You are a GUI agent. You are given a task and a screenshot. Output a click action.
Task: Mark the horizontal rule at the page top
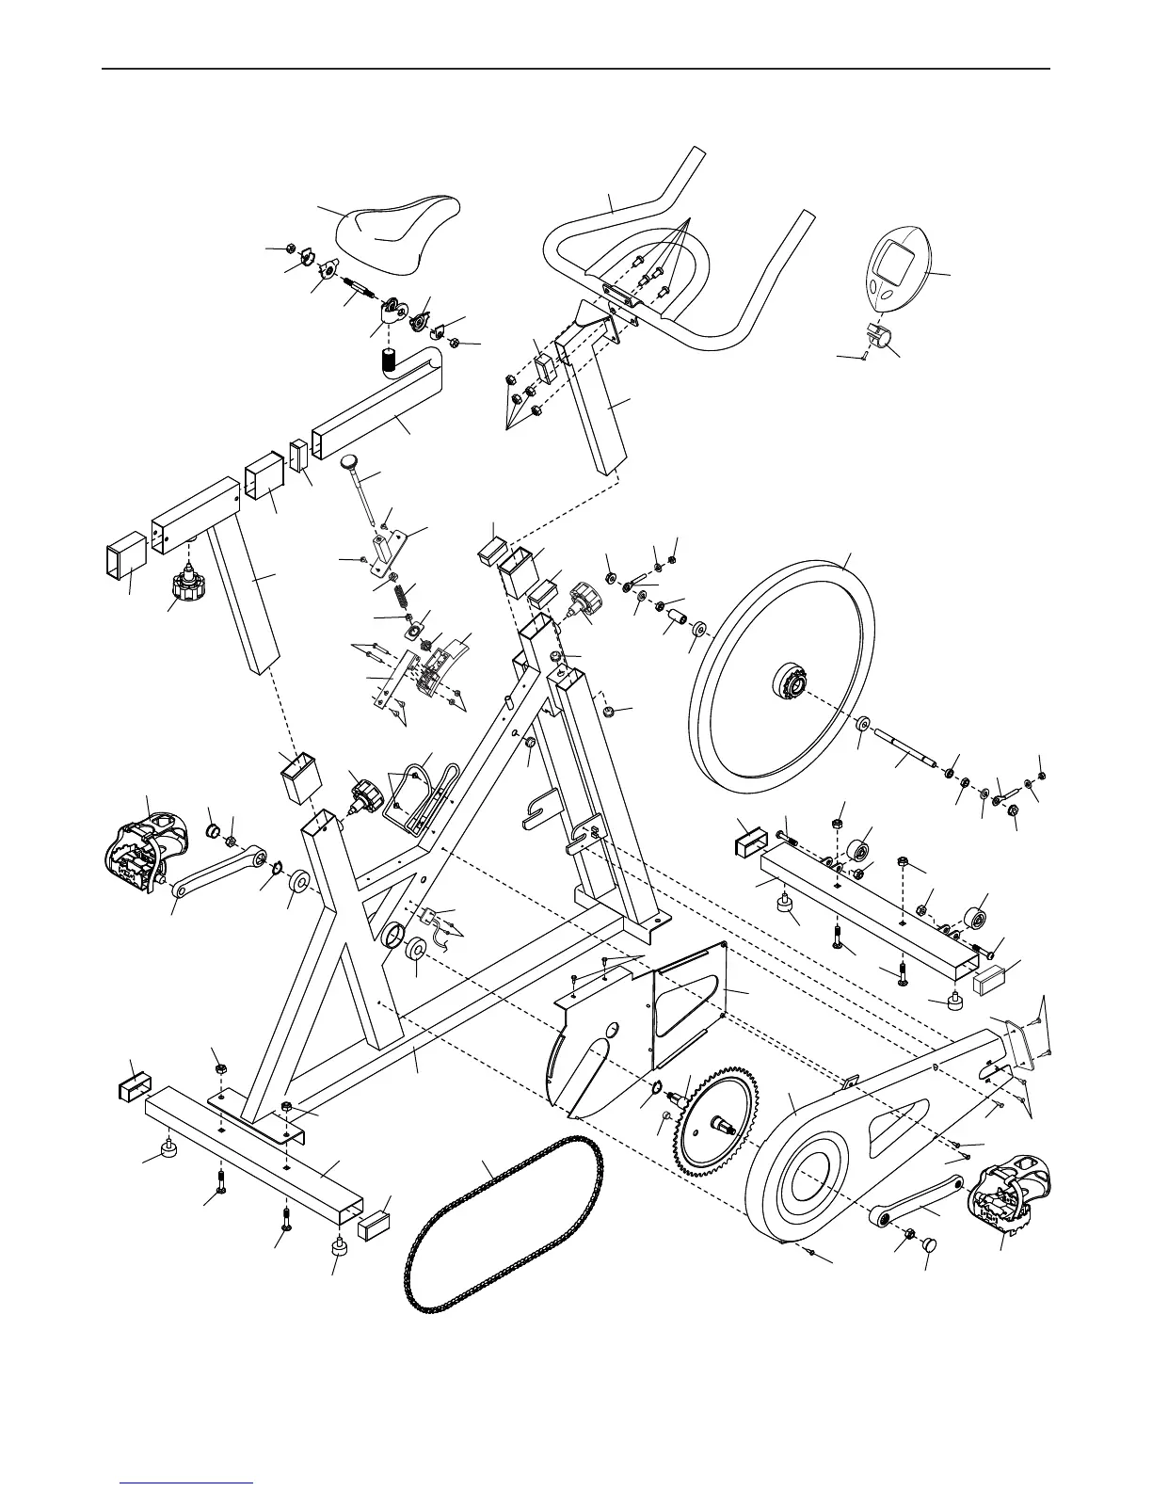(576, 69)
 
